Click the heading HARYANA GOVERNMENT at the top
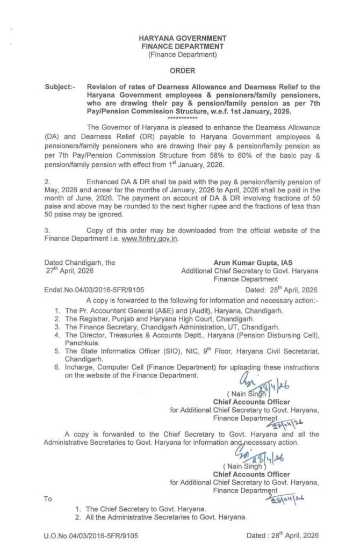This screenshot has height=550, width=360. point(182,39)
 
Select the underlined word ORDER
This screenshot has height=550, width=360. point(182,70)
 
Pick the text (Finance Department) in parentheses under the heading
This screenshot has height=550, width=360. point(182,54)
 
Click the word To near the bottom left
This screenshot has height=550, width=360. point(48,498)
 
